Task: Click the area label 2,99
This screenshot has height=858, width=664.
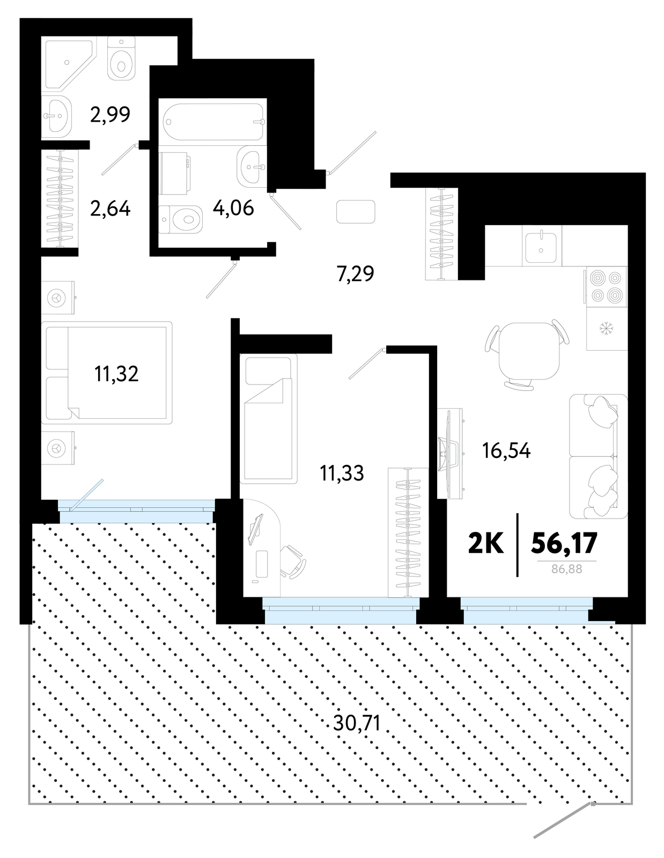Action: pos(110,115)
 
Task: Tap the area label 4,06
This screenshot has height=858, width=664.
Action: pos(233,208)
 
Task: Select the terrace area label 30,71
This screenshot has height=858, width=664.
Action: pos(357,723)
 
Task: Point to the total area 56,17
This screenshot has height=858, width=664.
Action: pos(564,543)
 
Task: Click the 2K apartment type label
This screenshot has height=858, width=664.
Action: pos(485,543)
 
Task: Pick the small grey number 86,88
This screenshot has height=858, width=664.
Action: pos(567,569)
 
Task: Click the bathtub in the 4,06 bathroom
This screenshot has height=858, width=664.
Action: pos(213,122)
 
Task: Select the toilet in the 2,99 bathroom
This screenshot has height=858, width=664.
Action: pos(121,58)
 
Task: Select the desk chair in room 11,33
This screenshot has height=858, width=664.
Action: pos(292,561)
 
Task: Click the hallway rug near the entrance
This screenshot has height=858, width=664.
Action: pos(356,212)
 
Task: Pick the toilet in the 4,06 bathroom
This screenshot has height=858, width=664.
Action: pos(181,219)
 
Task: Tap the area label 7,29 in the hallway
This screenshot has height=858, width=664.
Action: pos(355,273)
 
